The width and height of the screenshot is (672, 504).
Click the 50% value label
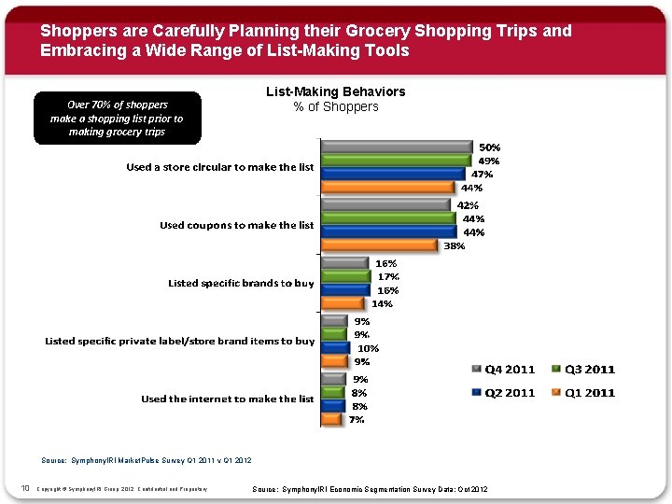(x=490, y=147)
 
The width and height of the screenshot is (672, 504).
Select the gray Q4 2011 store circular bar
(x=396, y=147)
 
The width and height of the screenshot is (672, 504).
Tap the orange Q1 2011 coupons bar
(x=379, y=245)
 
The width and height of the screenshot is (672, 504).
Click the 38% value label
(x=455, y=246)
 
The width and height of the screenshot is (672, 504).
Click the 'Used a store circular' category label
(x=220, y=167)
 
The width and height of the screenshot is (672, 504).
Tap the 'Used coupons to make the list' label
(x=236, y=225)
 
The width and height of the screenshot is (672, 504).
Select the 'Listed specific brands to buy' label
(x=241, y=283)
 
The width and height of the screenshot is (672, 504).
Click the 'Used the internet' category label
(x=227, y=399)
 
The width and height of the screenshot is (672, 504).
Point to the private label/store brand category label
(x=180, y=341)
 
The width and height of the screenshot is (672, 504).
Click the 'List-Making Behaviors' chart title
(x=336, y=91)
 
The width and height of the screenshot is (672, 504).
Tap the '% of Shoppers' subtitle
(x=336, y=106)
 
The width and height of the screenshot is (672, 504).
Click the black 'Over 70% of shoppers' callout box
(x=117, y=118)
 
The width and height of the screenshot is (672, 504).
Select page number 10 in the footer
(x=24, y=488)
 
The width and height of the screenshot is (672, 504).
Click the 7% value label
(x=357, y=420)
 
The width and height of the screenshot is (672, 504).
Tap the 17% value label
(x=388, y=276)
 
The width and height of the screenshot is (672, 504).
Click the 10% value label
(x=369, y=348)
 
